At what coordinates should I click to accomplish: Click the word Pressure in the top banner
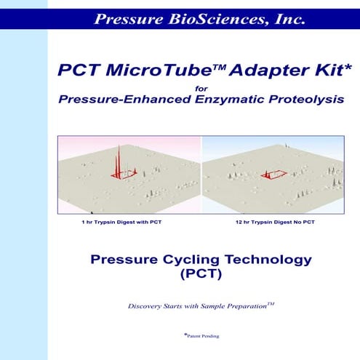coord(127,19)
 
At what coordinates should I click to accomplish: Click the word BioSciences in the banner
coord(205,19)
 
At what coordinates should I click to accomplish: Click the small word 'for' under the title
coord(201,90)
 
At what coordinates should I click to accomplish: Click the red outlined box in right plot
coord(274,174)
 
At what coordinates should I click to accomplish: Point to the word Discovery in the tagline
coord(148,306)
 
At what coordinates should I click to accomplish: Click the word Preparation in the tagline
coord(242,306)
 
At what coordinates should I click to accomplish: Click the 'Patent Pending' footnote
coord(201,335)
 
